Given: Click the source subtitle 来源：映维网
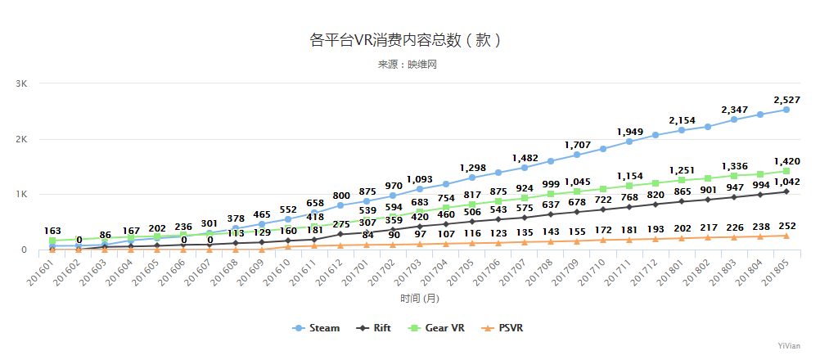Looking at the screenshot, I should pos(407,64).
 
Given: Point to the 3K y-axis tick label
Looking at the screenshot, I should pos(21,83).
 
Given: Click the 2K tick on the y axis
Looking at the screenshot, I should pos(21,139).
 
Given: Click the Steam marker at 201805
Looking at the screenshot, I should pos(786,110).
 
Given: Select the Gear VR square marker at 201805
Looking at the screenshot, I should pos(786,171).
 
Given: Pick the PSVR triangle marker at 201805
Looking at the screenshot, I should pos(786,236).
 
